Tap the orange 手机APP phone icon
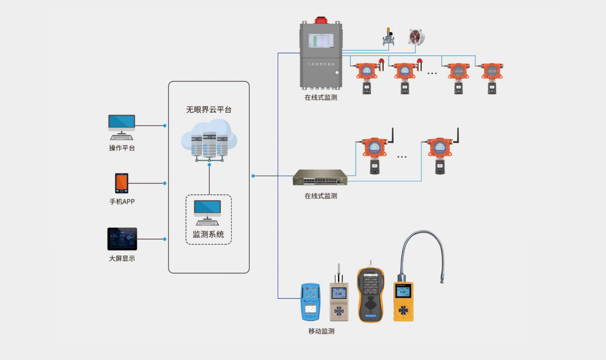(122, 183)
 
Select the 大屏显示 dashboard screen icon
(122, 239)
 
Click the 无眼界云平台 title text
(209, 109)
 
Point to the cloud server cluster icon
(209, 140)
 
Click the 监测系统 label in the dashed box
(208, 234)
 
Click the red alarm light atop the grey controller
(321, 20)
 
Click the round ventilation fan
(416, 37)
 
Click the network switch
(320, 178)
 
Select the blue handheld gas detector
(310, 302)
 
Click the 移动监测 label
(321, 331)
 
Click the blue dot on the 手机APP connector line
(165, 183)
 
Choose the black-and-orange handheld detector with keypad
(371, 295)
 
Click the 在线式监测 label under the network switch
(321, 196)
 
